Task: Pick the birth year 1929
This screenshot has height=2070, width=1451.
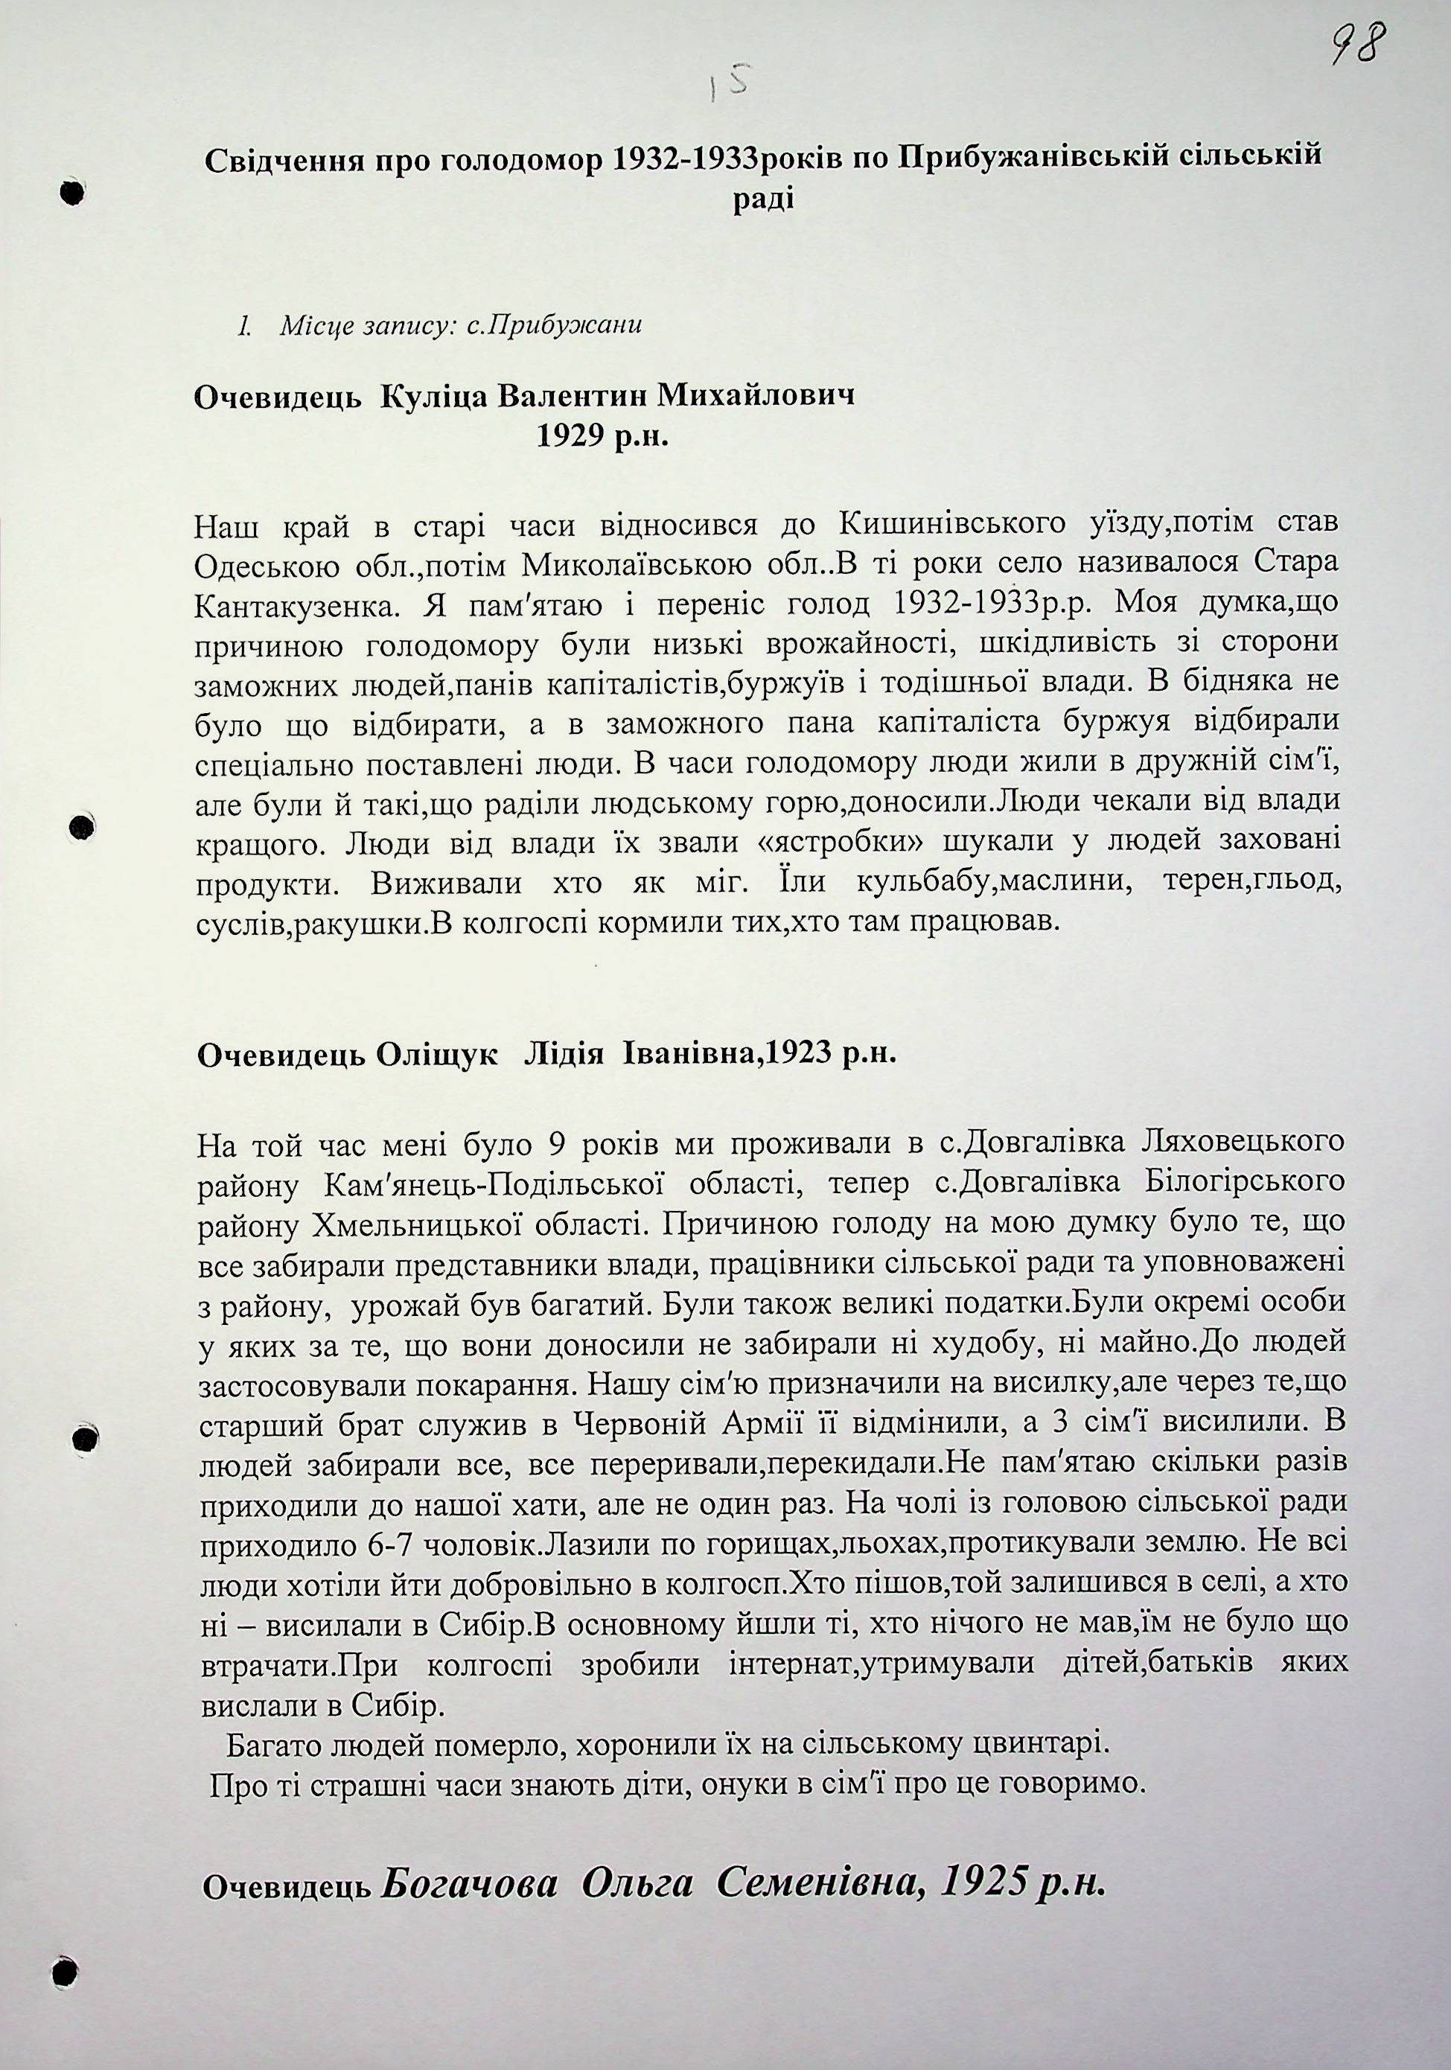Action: point(575,438)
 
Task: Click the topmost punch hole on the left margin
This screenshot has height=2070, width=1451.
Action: point(74,191)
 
